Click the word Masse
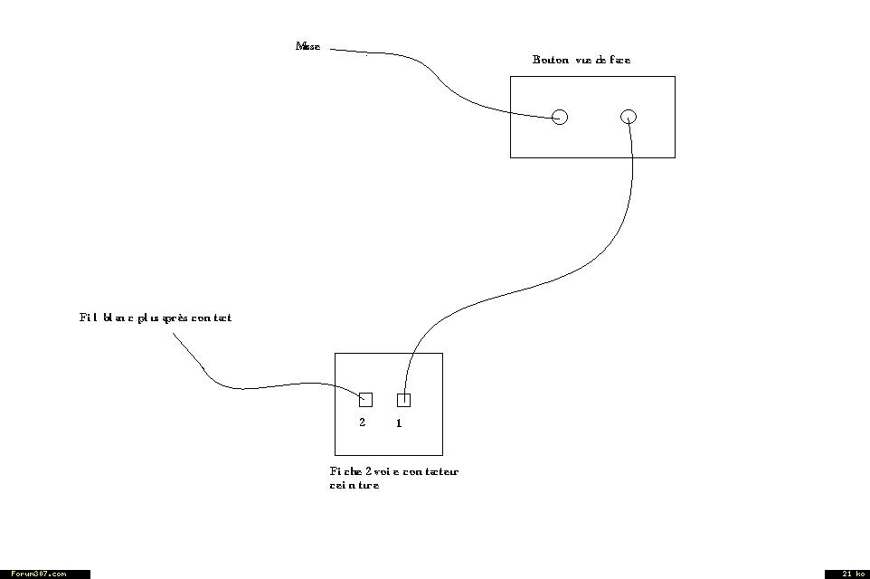(307, 46)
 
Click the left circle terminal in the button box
(560, 117)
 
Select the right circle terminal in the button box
(629, 116)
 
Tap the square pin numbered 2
(365, 400)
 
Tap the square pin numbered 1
(403, 400)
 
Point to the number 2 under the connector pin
(363, 422)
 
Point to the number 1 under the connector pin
(399, 423)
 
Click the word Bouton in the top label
(550, 61)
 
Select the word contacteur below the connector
(430, 472)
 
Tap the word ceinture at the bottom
(355, 486)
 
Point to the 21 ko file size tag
(847, 574)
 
